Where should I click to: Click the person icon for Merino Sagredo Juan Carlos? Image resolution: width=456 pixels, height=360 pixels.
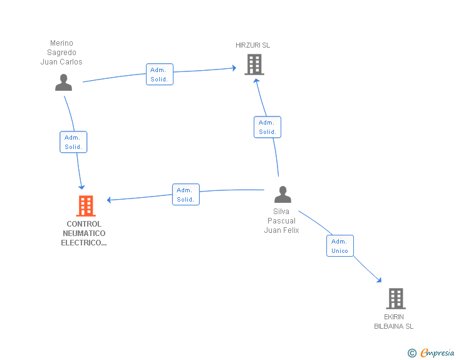[63, 82]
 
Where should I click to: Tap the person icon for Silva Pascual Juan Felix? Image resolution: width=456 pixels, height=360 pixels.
[282, 194]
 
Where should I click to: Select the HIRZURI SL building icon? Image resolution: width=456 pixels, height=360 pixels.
[254, 64]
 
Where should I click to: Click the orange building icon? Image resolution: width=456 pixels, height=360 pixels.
[86, 206]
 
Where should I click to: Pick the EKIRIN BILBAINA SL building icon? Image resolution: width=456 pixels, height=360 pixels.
[396, 299]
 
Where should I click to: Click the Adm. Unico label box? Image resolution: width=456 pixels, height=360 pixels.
[340, 245]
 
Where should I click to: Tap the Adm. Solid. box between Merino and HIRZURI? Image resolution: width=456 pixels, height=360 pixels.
[160, 74]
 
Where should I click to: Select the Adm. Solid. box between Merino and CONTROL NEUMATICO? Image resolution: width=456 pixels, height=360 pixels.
[73, 142]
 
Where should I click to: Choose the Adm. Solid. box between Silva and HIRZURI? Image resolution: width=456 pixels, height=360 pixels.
[267, 127]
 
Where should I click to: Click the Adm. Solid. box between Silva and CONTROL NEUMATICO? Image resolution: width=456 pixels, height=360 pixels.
[186, 194]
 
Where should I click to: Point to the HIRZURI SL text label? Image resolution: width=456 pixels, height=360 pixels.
[252, 45]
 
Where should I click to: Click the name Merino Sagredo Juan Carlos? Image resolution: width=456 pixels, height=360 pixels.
[61, 53]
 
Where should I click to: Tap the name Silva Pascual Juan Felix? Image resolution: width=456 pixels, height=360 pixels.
[281, 221]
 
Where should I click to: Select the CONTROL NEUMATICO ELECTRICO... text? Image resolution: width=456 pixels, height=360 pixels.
[84, 233]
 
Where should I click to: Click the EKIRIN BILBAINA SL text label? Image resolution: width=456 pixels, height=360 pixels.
[394, 321]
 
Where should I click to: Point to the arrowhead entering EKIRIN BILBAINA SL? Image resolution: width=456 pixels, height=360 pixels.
[379, 280]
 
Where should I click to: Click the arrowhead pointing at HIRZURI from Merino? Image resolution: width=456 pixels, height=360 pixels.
[234, 68]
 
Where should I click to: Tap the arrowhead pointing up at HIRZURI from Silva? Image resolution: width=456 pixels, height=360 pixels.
[256, 81]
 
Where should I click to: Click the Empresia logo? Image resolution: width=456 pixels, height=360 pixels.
[437, 352]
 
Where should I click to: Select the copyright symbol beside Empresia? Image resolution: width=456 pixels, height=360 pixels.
[412, 353]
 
